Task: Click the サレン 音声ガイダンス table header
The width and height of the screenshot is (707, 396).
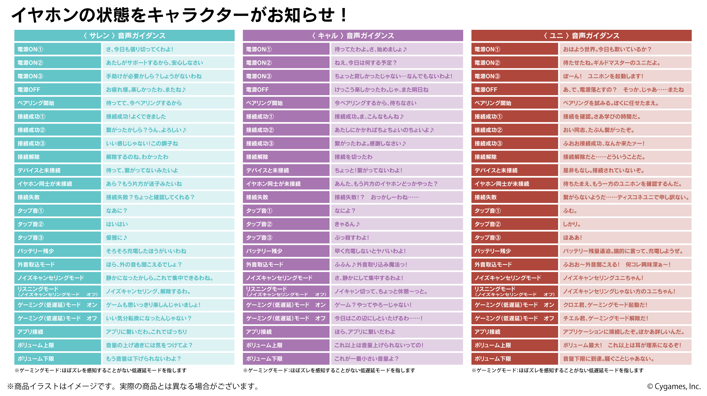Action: click(124, 36)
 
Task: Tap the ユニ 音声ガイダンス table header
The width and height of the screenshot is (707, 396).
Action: click(581, 36)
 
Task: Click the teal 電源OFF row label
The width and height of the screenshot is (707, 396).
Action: click(58, 90)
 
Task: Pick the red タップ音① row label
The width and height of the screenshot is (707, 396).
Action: click(515, 211)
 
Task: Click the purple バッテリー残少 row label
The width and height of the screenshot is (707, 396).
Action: click(286, 251)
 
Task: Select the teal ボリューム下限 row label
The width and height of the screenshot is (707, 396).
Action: click(58, 359)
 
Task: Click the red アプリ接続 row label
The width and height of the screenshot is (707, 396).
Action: click(515, 332)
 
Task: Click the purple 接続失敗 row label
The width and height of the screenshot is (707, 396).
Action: click(286, 197)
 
